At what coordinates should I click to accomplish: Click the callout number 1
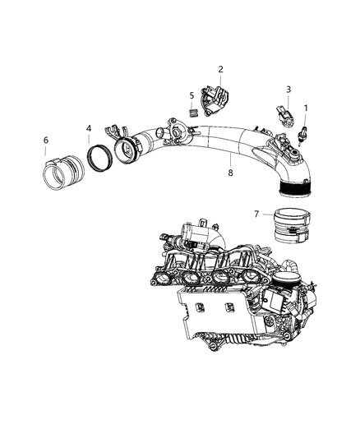[x=307, y=108]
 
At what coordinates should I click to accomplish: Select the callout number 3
[x=288, y=89]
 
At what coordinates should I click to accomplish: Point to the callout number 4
[x=89, y=128]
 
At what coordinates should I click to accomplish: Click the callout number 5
[x=192, y=95]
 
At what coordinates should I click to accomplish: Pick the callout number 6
[x=46, y=140]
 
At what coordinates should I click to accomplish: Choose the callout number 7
[x=256, y=214]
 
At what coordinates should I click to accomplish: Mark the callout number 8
[x=231, y=173]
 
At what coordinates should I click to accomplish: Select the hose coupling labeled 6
[x=59, y=173]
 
